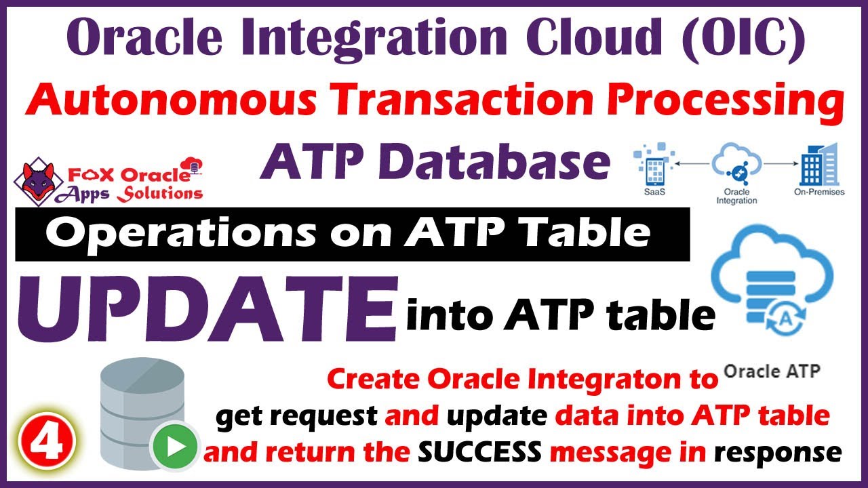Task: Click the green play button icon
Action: point(174,447)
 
